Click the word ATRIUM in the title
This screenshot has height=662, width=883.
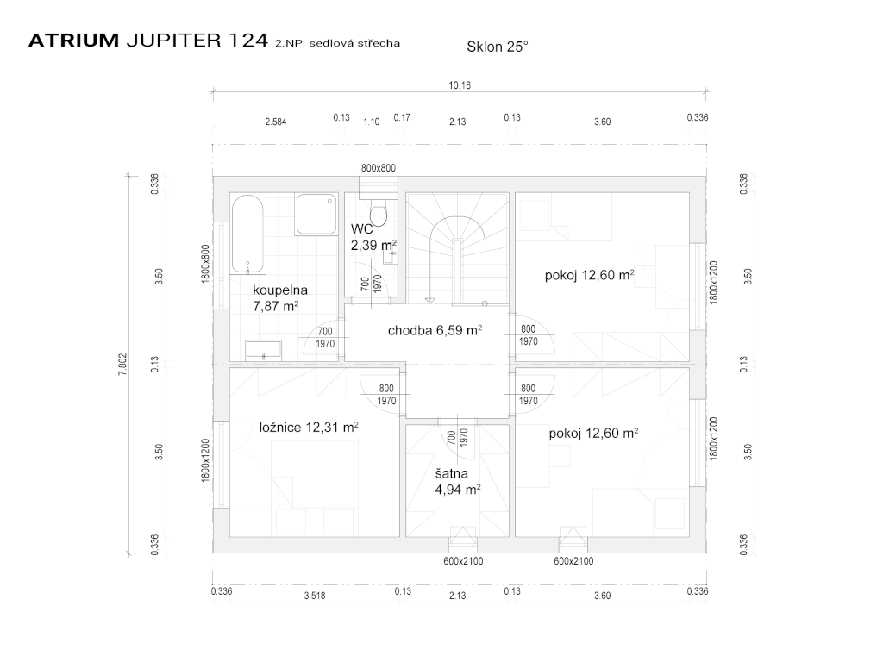pyautogui.click(x=73, y=41)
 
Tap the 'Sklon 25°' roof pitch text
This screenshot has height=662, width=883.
pyautogui.click(x=497, y=47)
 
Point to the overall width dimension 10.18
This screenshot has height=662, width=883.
pyautogui.click(x=460, y=85)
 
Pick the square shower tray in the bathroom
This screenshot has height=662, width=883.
pyautogui.click(x=316, y=215)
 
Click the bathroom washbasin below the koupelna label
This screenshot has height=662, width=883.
pyautogui.click(x=263, y=349)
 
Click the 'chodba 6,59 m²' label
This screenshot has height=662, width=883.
pyautogui.click(x=435, y=330)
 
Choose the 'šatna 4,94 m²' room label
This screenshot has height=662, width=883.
pyautogui.click(x=456, y=481)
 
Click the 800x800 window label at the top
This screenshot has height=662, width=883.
pyautogui.click(x=378, y=168)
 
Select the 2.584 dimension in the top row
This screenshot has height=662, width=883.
pyautogui.click(x=276, y=122)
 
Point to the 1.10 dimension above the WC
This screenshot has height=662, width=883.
pyautogui.click(x=371, y=122)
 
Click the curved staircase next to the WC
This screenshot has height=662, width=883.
pyautogui.click(x=459, y=250)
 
